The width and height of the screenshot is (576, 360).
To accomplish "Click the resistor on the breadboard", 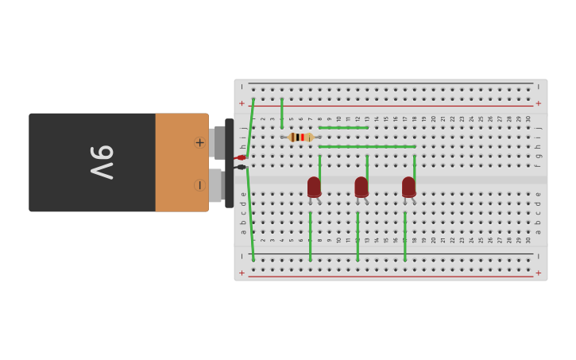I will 300,137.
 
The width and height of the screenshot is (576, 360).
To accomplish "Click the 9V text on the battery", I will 101,162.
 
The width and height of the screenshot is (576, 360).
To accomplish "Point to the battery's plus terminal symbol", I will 199,143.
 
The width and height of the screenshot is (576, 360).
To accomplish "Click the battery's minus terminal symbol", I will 199,185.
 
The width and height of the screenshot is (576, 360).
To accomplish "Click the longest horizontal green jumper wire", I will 367,146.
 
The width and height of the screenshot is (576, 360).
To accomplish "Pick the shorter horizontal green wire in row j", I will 343,127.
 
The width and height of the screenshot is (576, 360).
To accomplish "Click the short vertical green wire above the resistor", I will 282,112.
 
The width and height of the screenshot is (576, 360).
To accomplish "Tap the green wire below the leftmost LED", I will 311,235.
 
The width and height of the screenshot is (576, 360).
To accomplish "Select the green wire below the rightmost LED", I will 405,235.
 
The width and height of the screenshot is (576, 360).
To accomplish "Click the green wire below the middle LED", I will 358,235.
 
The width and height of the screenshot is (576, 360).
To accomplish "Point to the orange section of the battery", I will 181,162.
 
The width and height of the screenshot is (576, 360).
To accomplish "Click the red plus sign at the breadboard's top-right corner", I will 538,103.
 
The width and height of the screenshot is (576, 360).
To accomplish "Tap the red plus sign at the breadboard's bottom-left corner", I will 242,273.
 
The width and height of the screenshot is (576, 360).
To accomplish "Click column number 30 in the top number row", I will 528,119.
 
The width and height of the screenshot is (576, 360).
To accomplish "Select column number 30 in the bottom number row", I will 528,239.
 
